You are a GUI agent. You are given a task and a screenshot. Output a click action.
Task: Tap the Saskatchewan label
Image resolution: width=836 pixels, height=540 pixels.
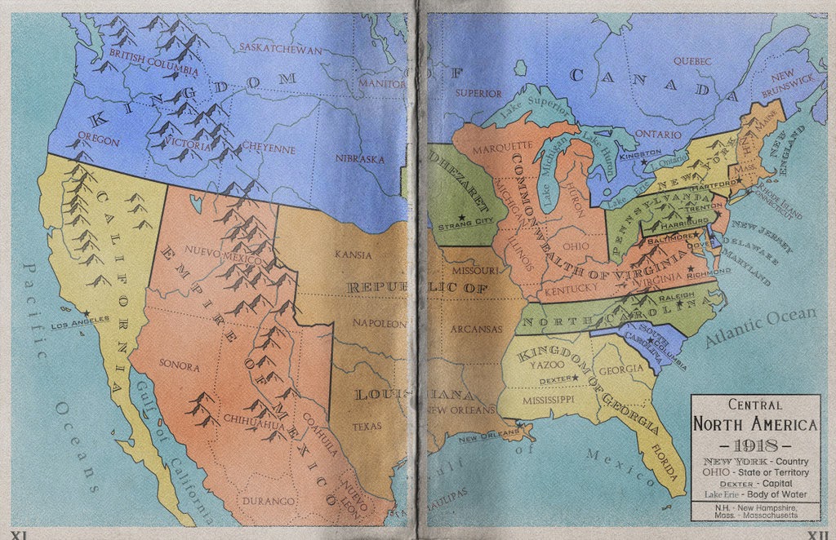coord(280,48)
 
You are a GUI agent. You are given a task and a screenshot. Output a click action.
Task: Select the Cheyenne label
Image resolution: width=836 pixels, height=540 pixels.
coord(269,149)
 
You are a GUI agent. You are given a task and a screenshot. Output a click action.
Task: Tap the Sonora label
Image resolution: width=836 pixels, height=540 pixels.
coord(179,366)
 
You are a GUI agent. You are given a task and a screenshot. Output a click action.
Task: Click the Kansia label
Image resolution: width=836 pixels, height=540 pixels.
coord(353,255)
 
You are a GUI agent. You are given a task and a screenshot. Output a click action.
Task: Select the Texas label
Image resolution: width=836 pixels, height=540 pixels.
coord(367,426)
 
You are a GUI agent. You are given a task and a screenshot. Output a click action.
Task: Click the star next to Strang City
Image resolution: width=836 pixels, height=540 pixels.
coord(462,217)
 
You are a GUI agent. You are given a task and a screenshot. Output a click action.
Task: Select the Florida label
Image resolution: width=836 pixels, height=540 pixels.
coord(666,462)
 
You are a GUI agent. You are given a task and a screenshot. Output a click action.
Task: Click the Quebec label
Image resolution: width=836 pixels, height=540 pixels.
coord(693,60)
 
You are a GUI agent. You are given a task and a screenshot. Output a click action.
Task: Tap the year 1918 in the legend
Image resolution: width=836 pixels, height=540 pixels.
coord(754,446)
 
